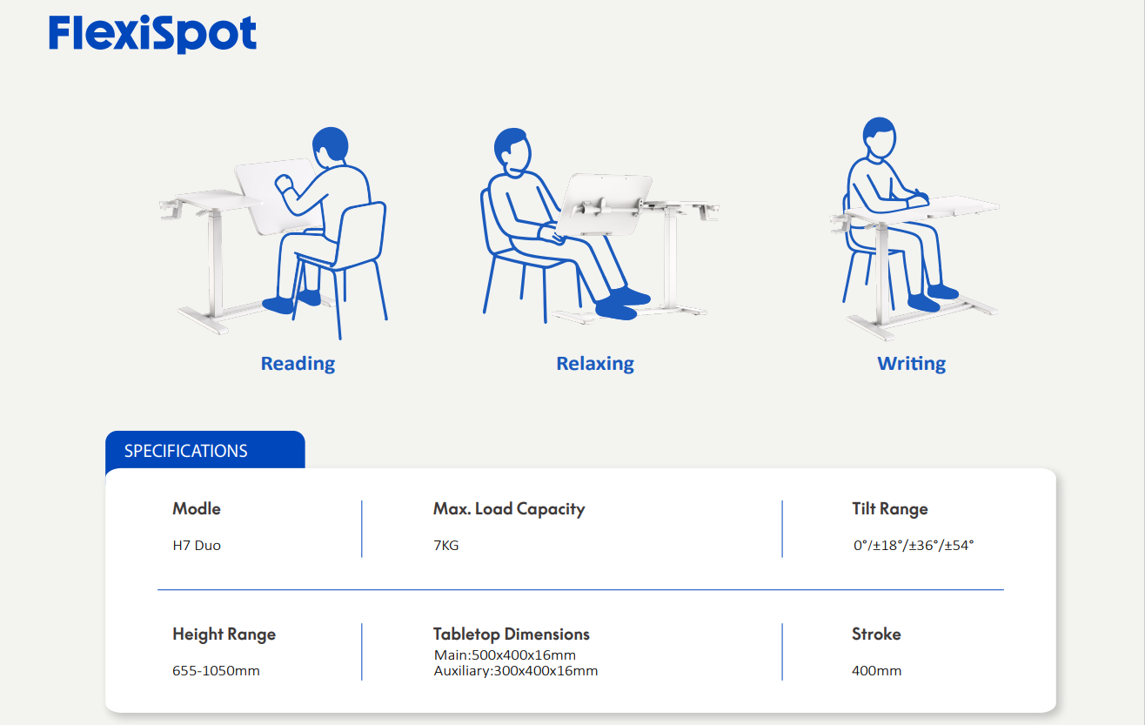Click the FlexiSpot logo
coord(152,34)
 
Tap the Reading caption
coord(298,364)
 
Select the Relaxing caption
coord(595,364)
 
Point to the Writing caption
coord(912,364)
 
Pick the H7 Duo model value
coord(197,545)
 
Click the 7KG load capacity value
coord(445,545)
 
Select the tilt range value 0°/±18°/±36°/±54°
coord(914,545)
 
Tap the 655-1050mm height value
coord(216,670)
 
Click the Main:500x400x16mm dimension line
coord(505,655)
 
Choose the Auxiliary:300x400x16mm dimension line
coord(515,671)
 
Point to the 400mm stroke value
coord(876,670)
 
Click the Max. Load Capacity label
coord(509,509)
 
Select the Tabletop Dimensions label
coord(512,634)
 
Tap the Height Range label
coord(224,634)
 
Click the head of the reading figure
coord(331,147)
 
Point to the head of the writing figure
coord(879,137)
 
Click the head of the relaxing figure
coord(512,151)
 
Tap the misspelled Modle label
coord(197,509)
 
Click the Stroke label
coord(876,634)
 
